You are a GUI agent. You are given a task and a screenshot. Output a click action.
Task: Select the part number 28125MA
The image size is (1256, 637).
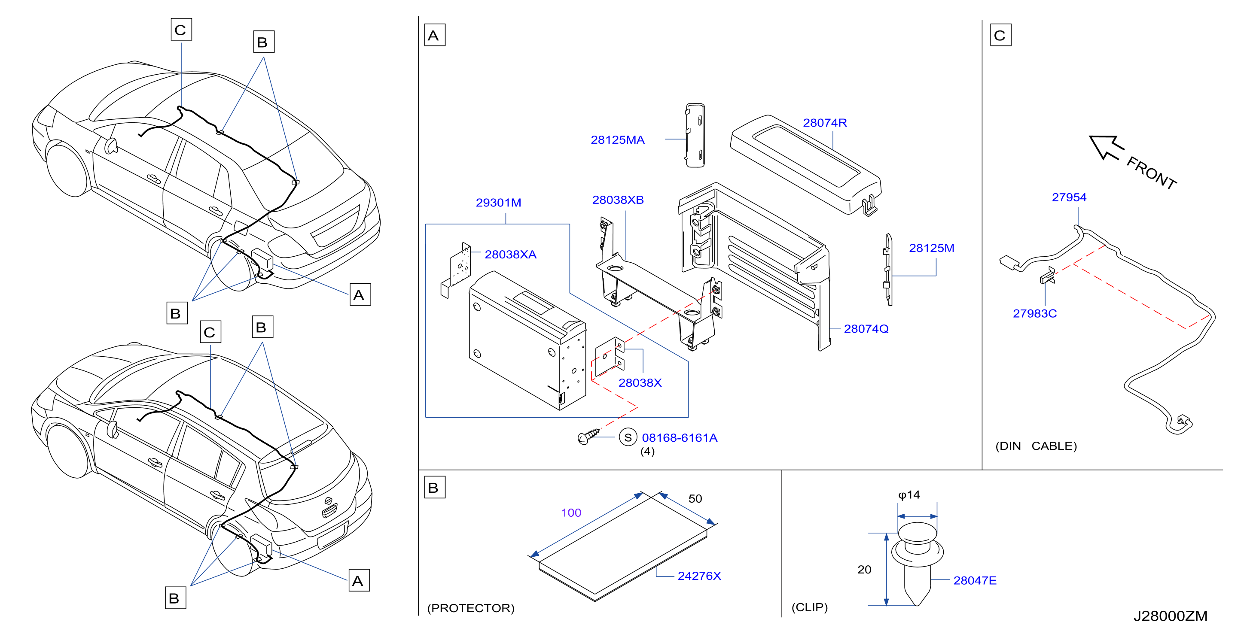tap(617, 140)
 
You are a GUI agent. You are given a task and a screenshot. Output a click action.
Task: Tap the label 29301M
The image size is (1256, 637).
tap(498, 202)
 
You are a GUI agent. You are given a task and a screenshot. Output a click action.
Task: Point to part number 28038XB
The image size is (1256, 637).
tap(618, 200)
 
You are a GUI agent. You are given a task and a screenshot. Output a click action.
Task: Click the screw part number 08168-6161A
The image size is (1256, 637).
tap(679, 438)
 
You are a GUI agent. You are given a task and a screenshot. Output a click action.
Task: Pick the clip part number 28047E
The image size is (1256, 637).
tap(975, 580)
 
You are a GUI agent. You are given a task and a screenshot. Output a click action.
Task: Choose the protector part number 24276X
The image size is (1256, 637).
tap(699, 576)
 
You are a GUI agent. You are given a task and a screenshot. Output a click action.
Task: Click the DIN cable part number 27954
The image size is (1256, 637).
tap(1069, 197)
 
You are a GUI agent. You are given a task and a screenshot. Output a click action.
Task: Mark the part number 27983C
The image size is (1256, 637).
tap(1035, 313)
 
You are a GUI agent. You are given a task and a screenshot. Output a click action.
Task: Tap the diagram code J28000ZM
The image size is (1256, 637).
tap(1170, 616)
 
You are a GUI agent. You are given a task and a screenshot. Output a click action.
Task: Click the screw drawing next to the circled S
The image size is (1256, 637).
tap(588, 436)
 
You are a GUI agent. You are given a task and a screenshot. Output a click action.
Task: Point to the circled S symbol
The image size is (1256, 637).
tap(628, 437)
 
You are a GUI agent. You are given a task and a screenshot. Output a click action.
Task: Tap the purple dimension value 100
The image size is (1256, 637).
tap(571, 513)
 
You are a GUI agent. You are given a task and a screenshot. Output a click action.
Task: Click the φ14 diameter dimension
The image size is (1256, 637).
tap(909, 495)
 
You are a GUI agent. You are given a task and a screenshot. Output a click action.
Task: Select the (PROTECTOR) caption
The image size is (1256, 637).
tap(470, 608)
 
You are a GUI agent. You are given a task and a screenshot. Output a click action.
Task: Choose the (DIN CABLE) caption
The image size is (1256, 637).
tap(1036, 446)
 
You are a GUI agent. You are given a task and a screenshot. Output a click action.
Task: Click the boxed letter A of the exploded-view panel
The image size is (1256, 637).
tap(434, 35)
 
